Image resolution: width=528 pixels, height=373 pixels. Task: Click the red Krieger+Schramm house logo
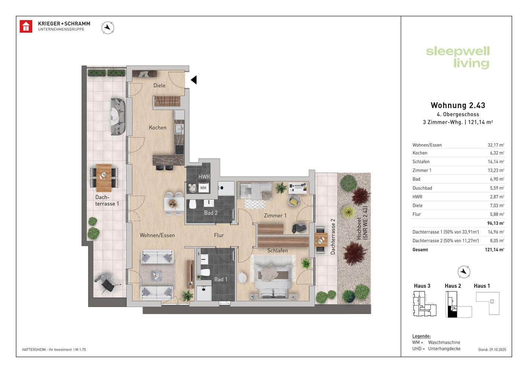(x=26, y=26)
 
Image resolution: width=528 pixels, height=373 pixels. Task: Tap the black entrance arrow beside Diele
(x=194, y=80)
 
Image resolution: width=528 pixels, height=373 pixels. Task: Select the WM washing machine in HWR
(x=203, y=188)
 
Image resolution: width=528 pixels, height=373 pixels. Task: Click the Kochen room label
(x=158, y=128)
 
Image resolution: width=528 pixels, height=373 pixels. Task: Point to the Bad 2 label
(x=211, y=213)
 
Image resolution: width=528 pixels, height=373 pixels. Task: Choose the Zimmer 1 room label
(x=275, y=215)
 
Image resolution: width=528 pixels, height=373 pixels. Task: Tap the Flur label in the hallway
(x=219, y=235)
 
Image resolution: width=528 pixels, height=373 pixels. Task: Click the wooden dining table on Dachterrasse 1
(x=104, y=178)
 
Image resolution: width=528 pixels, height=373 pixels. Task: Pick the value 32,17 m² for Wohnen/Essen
(x=496, y=145)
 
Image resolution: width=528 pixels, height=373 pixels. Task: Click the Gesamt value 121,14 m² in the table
(x=495, y=250)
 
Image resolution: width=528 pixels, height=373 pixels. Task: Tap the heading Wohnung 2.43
(x=458, y=105)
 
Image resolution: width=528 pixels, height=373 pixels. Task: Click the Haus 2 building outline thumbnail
(x=458, y=304)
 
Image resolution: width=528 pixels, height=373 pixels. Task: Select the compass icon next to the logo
(x=108, y=27)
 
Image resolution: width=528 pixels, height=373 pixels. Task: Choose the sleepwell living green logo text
(x=458, y=58)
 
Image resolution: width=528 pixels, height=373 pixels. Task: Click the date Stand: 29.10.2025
(x=492, y=350)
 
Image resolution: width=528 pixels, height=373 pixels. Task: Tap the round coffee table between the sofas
(x=156, y=275)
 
